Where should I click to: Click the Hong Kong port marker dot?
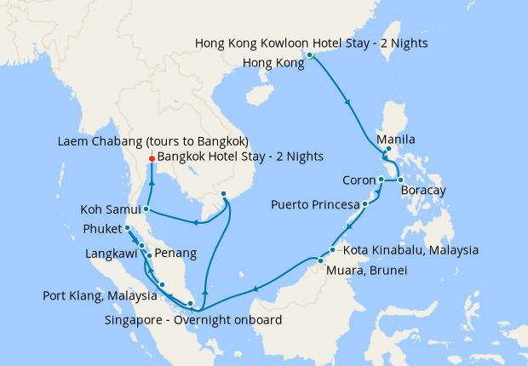click(310, 55)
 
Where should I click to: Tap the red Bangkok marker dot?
click(151, 157)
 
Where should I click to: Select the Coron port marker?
click(381, 180)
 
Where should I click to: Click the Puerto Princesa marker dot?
click(364, 204)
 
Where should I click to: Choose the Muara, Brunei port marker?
click(320, 260)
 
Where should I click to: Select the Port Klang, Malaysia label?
click(100, 296)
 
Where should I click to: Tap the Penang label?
click(176, 254)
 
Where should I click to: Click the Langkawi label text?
click(111, 254)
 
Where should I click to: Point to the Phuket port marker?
click(127, 228)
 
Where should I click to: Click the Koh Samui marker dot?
click(146, 209)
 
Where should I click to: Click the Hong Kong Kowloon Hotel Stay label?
click(311, 43)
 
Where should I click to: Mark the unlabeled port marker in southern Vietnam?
click(223, 194)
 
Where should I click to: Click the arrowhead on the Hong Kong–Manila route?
click(347, 103)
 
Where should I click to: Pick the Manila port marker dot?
click(388, 150)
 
